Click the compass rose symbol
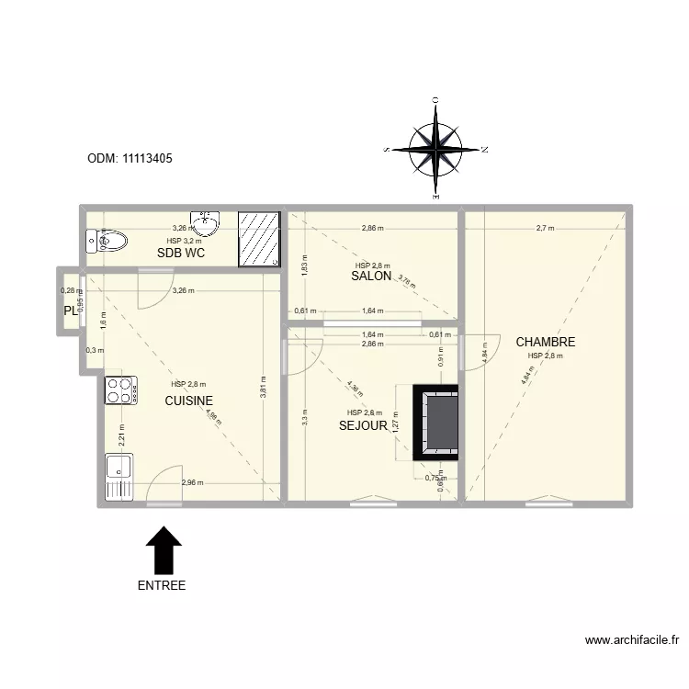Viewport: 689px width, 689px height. coord(435,149)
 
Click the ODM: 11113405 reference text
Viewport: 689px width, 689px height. coord(130,158)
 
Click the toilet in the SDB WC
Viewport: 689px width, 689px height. coord(105,242)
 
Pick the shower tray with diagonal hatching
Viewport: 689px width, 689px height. coord(257,239)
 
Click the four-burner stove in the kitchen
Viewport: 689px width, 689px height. coord(120,390)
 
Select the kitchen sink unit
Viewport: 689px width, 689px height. coord(119,477)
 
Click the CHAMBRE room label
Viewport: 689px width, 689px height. coord(545,342)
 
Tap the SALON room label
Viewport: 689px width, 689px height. coord(372,276)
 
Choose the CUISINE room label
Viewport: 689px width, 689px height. coord(188,401)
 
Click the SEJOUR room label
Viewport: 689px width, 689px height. coord(363,425)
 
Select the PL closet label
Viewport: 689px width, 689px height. coord(70,311)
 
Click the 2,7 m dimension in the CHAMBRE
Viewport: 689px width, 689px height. coord(545,228)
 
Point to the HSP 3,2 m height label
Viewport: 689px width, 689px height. coord(184,241)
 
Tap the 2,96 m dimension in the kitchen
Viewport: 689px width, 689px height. coord(193,482)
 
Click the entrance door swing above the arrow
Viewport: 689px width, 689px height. coord(165,487)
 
